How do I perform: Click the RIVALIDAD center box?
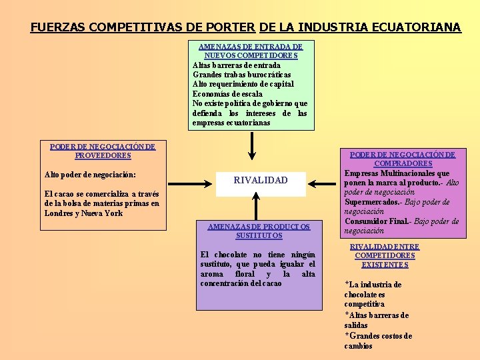(x=261, y=180)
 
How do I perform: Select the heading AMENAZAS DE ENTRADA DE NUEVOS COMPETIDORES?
(x=251, y=51)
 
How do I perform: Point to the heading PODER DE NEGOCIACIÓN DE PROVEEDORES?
(x=103, y=151)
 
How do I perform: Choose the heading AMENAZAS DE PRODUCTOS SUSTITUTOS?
(x=259, y=231)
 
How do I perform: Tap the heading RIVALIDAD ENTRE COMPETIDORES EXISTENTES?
(x=385, y=255)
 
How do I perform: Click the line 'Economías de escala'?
(x=227, y=94)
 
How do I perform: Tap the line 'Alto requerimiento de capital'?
(x=243, y=84)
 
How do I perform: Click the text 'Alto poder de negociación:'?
(x=90, y=175)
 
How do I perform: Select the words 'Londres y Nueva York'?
(x=84, y=213)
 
